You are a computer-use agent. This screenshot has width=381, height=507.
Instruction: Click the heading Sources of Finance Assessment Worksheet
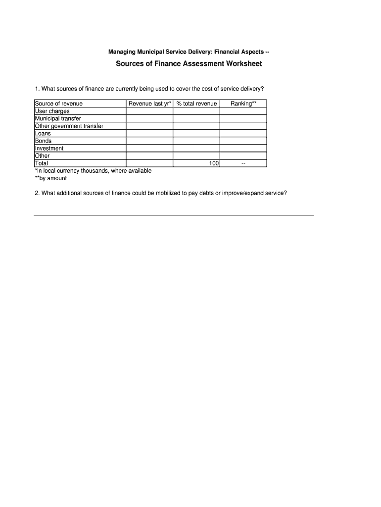pos(189,64)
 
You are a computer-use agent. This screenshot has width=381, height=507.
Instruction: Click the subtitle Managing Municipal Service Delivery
pos(189,52)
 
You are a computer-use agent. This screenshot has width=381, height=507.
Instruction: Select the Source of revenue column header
pos(59,104)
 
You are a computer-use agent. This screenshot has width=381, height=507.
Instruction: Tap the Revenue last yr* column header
pos(149,104)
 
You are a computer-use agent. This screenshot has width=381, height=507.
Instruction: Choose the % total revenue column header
pos(196,104)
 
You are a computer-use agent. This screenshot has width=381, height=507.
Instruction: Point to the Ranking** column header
pos(243,104)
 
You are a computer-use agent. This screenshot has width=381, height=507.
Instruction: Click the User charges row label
pos(52,111)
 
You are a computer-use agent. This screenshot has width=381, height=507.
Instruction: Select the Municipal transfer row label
pos(58,119)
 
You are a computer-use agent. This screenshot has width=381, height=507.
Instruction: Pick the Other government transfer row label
pos(69,126)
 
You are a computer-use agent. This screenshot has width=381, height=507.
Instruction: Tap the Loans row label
pos(43,134)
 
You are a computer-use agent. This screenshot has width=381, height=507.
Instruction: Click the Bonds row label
pos(44,141)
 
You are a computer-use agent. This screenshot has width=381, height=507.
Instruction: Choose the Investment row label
pos(49,149)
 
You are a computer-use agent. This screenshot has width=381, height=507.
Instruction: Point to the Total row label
pos(42,163)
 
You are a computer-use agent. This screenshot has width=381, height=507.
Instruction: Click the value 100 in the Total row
pos(214,163)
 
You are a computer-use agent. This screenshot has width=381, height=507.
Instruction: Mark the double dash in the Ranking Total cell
pos(243,163)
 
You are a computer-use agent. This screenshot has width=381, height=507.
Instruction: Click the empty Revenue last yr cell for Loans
pos(149,134)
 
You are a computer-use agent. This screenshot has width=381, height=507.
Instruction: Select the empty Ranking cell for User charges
pos(243,111)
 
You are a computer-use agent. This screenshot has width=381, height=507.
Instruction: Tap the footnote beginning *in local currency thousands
pos(93,171)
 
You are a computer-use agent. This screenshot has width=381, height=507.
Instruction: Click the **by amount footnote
pos(50,178)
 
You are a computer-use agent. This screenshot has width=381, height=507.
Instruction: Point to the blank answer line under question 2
pos(174,215)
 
